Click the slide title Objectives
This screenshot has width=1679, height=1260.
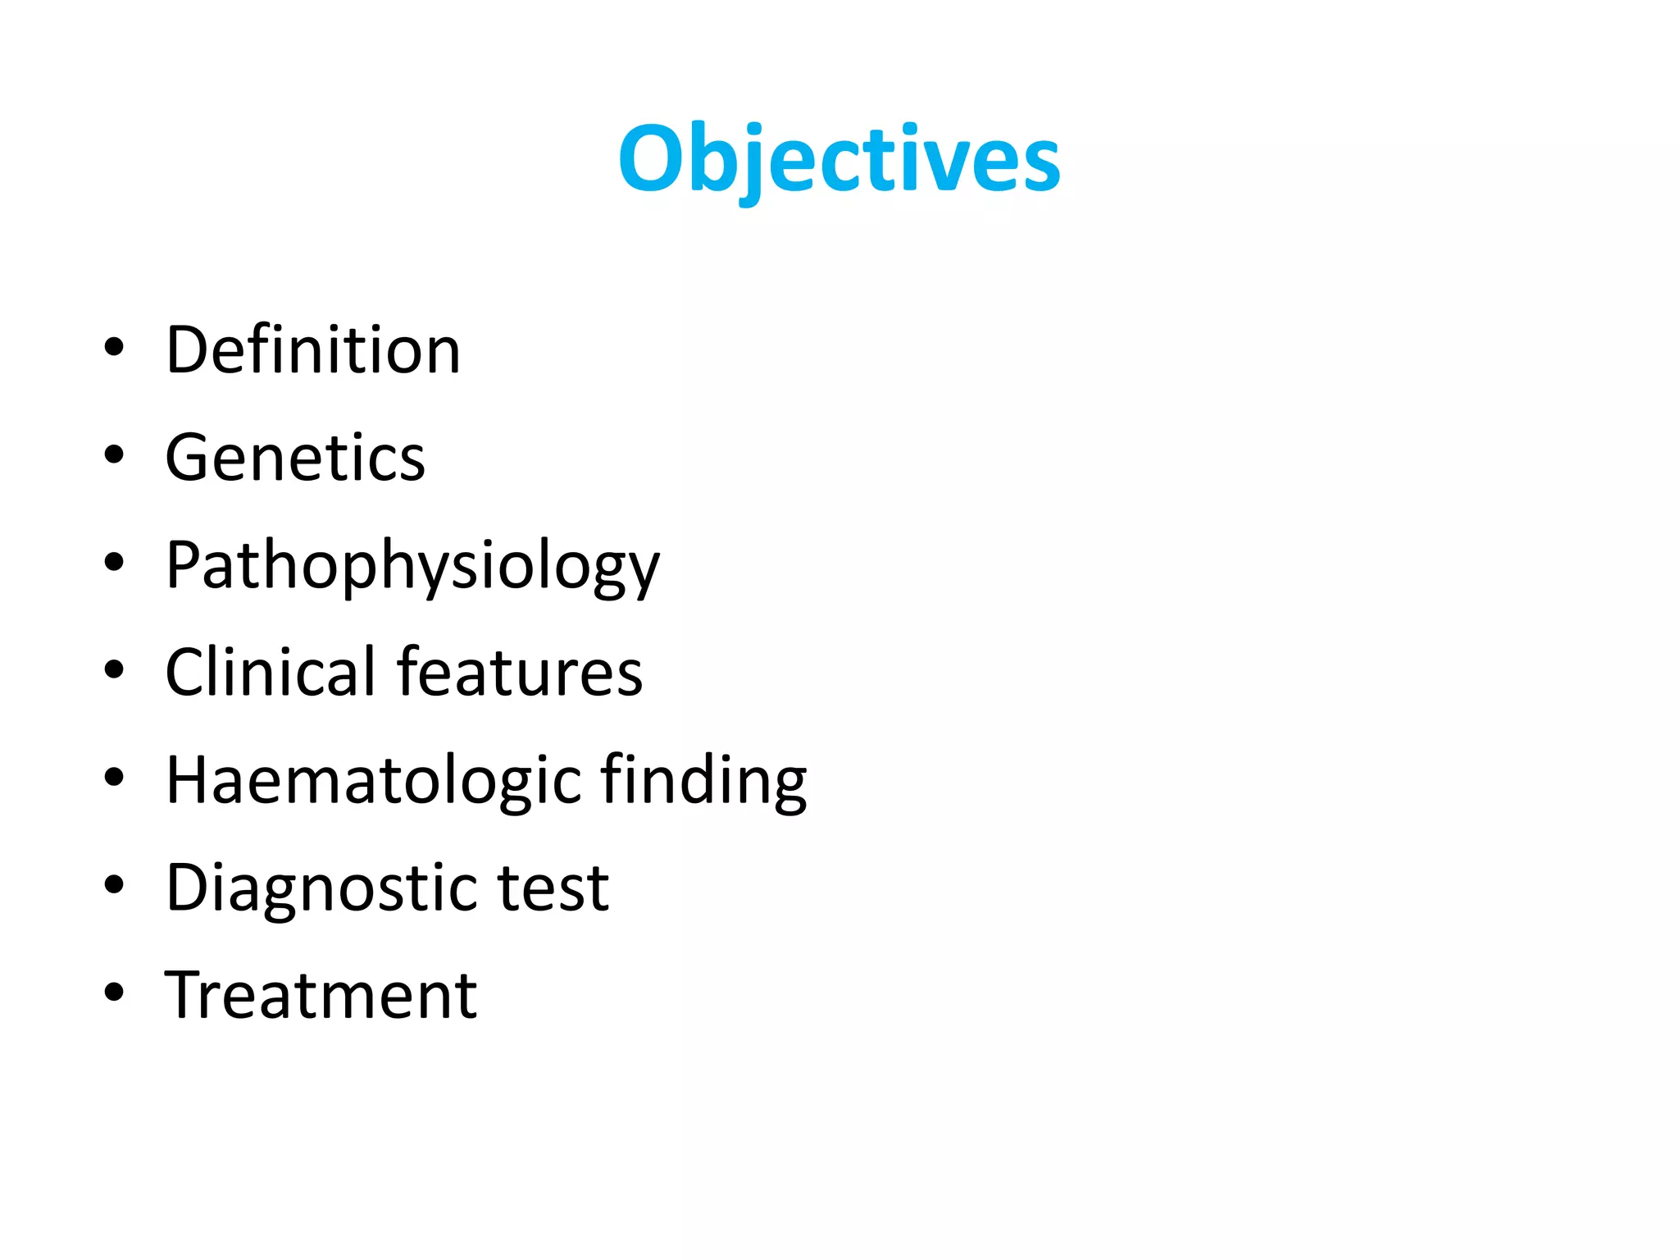point(839,158)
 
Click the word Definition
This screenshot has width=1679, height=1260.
point(313,350)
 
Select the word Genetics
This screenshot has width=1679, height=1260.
point(295,458)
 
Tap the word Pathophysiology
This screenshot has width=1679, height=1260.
point(412,566)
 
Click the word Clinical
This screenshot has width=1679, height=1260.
point(270,673)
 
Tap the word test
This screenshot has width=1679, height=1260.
point(553,888)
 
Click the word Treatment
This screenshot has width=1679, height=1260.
point(321,996)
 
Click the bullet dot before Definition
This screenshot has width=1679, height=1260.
point(114,347)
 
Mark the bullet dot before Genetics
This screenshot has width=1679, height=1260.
point(114,454)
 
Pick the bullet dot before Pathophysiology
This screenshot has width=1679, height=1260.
point(114,562)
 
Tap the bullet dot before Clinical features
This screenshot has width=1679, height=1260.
point(114,669)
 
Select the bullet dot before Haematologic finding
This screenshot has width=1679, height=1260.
point(114,777)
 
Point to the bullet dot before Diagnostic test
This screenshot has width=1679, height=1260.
point(114,884)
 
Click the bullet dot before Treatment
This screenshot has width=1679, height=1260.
point(114,992)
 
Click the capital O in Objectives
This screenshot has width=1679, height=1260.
point(650,158)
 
